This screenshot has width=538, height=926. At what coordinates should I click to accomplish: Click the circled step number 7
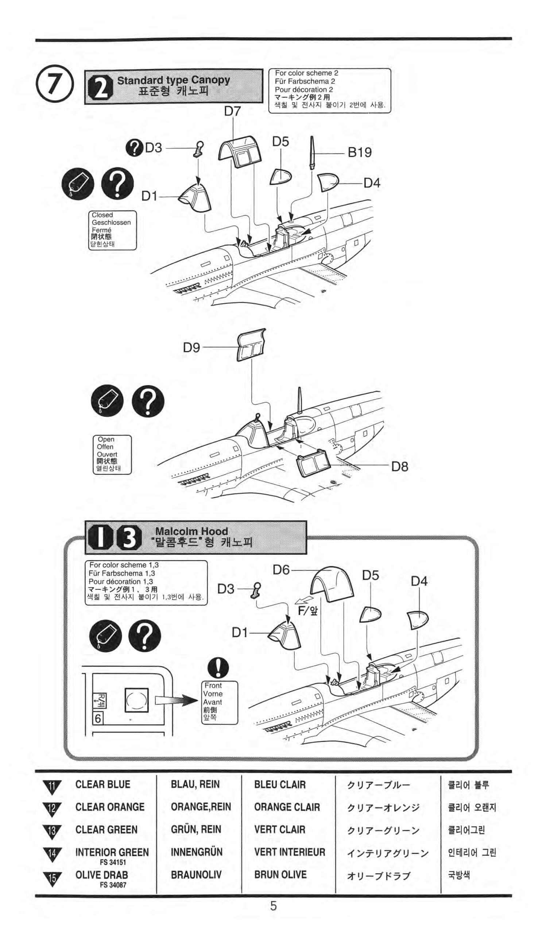coord(54,84)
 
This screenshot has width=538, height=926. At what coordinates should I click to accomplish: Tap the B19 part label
coord(359,152)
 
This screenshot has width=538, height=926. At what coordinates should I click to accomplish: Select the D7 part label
coord(232,111)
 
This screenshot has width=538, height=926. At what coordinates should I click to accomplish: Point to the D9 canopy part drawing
coord(251,345)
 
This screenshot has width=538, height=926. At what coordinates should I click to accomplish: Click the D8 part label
coord(399,467)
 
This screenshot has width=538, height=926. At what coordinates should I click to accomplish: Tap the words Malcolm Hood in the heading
coord(191,531)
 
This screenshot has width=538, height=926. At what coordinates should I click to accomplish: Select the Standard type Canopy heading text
coord(173,80)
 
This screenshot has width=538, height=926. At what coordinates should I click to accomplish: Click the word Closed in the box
coord(102,215)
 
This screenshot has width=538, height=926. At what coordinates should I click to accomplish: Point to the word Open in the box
coord(106,439)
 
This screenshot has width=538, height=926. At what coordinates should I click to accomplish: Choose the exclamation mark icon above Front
coord(218,668)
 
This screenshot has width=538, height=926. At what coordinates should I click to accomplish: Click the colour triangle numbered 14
coord(52,854)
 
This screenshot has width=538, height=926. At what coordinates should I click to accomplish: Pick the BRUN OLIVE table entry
coord(280,875)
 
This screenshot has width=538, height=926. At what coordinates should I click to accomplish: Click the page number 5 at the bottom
coord(273,906)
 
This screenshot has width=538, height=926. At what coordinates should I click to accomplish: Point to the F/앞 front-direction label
coord(308,611)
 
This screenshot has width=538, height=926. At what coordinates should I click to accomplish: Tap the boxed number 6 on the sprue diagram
coord(98,718)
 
